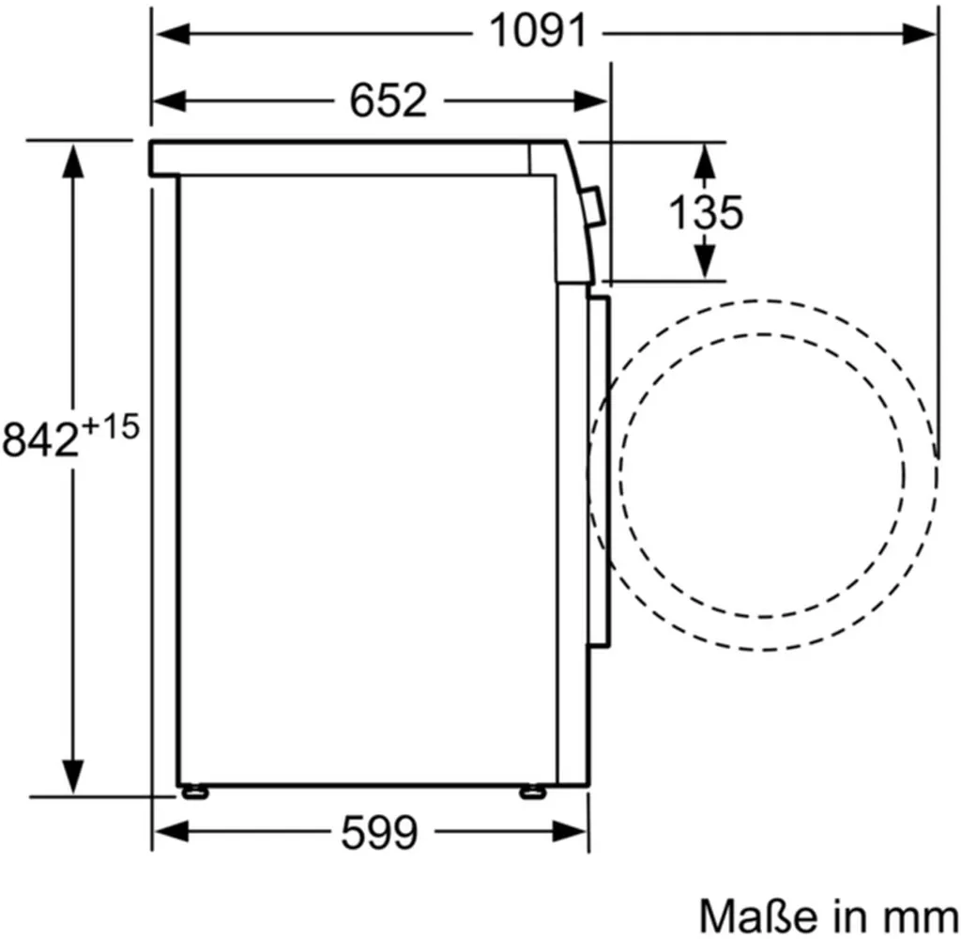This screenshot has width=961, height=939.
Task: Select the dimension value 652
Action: tap(388, 100)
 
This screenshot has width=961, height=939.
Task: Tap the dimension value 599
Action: tap(378, 832)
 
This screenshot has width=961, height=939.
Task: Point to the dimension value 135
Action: tap(705, 213)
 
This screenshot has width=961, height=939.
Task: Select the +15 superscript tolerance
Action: tap(111, 427)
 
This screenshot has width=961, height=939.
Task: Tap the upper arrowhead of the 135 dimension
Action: tap(704, 162)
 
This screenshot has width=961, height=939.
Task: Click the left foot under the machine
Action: tap(195, 792)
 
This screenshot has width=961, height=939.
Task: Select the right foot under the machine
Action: tap(530, 792)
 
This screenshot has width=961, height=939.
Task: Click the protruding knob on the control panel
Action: tap(592, 207)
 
